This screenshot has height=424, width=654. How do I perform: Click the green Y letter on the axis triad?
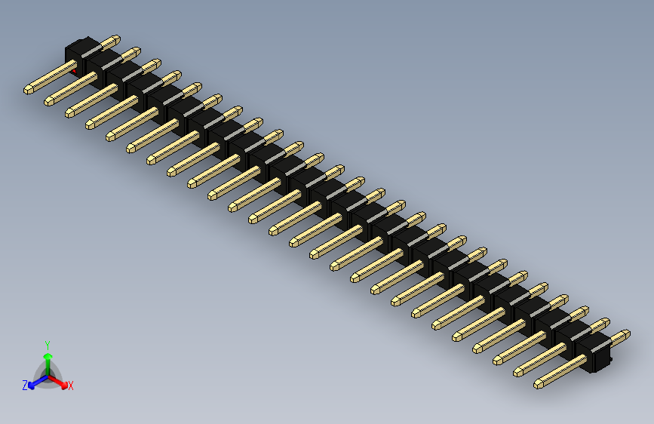pyautogui.click(x=47, y=343)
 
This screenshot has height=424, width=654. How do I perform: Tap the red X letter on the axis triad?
pyautogui.click(x=71, y=386)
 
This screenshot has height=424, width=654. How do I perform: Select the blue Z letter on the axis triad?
pyautogui.click(x=25, y=386)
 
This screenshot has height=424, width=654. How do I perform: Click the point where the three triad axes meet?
pyautogui.click(x=48, y=376)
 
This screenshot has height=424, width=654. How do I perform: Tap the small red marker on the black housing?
pyautogui.click(x=75, y=70)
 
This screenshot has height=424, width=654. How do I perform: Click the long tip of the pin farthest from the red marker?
pyautogui.click(x=539, y=384)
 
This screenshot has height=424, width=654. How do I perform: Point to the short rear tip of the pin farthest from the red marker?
pyautogui.click(x=625, y=333)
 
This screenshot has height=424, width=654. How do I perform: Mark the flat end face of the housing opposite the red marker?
pyautogui.click(x=602, y=360)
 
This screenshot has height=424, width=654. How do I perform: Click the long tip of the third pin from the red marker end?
pyautogui.click(x=69, y=112)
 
